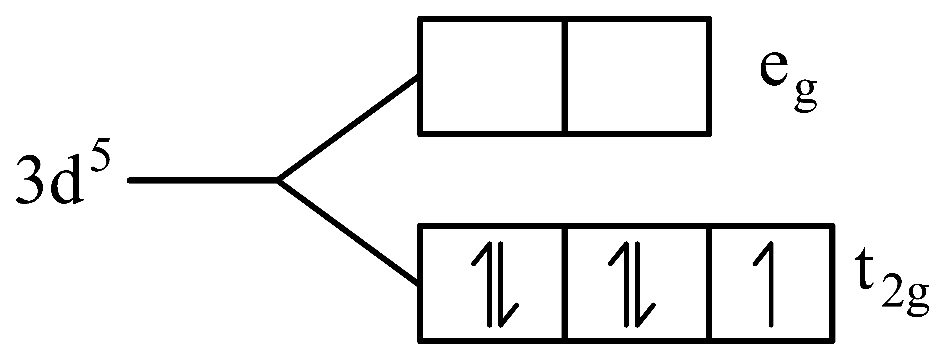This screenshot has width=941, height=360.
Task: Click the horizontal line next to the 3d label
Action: tap(203, 180)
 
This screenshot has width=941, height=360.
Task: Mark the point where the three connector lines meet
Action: tap(278, 180)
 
